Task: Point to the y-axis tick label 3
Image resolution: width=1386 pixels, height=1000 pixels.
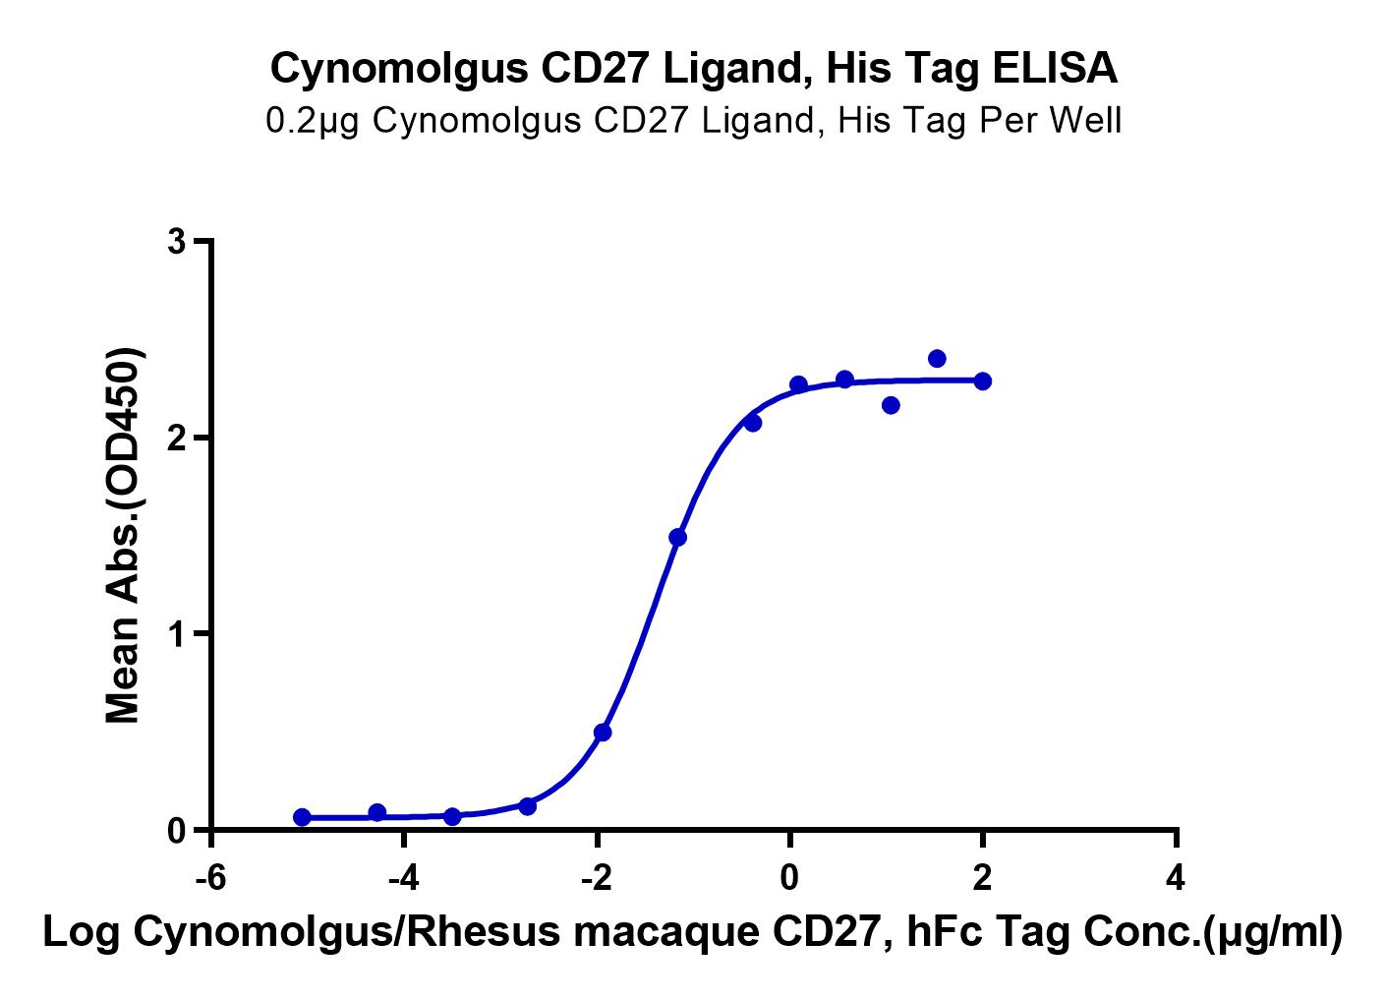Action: click(177, 242)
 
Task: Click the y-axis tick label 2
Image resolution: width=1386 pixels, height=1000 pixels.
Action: click(177, 438)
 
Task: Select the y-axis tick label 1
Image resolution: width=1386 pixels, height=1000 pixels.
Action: click(177, 634)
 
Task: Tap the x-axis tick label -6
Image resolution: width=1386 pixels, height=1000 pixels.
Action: click(210, 877)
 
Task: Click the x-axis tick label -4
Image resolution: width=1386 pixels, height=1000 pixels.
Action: click(403, 877)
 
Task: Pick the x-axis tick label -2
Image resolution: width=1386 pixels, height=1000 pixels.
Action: click(596, 877)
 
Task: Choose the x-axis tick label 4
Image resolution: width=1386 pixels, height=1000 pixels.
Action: click(1175, 877)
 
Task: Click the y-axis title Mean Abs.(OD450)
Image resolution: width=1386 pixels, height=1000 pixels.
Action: click(125, 536)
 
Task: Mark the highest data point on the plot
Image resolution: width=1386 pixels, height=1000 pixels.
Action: click(937, 359)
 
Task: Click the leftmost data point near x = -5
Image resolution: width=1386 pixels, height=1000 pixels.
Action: click(302, 817)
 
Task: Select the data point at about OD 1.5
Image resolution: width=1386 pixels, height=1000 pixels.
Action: click(677, 537)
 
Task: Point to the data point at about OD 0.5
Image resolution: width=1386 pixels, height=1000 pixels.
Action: click(603, 733)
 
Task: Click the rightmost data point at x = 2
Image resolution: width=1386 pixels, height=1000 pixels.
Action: click(982, 381)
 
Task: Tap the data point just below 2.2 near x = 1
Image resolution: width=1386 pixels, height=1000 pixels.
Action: click(891, 405)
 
